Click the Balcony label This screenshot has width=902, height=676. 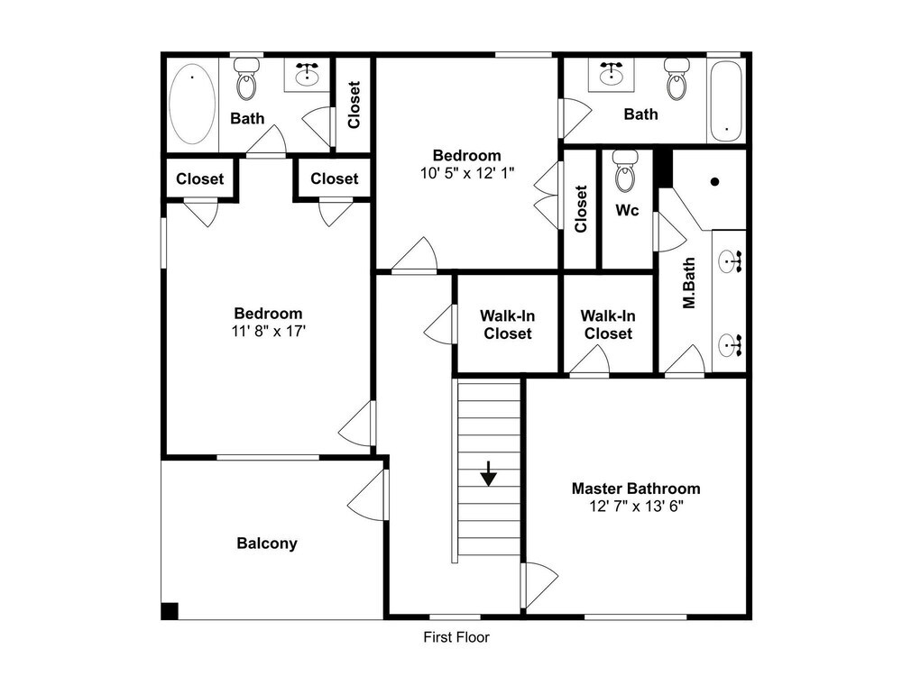click(267, 544)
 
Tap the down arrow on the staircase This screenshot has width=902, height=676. click(488, 474)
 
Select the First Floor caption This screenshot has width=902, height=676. click(456, 637)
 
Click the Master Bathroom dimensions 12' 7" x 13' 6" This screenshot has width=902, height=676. click(636, 507)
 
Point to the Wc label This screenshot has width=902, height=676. click(627, 210)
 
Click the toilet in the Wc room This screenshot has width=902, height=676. click(625, 170)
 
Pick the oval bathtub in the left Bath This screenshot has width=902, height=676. click(193, 104)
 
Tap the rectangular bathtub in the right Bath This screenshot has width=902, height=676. click(726, 101)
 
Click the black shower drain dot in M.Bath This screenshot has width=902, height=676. click(715, 182)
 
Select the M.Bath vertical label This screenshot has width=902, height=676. click(688, 283)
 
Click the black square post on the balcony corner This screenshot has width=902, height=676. click(170, 610)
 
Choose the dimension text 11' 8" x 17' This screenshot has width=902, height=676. click(269, 331)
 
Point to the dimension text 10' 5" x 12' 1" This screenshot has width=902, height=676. click(467, 173)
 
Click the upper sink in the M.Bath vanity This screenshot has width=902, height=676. click(731, 262)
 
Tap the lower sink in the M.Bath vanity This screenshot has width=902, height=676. click(731, 346)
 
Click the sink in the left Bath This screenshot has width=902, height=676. click(308, 74)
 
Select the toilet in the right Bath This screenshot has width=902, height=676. click(677, 78)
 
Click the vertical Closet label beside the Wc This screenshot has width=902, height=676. click(580, 209)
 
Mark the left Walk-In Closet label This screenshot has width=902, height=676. click(508, 324)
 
